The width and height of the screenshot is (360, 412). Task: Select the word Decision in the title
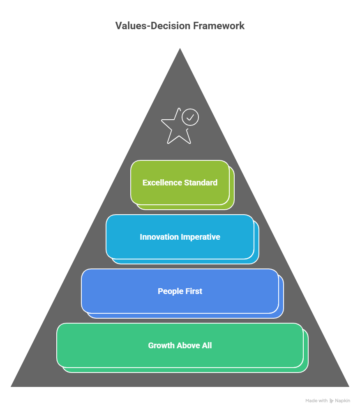click(169, 26)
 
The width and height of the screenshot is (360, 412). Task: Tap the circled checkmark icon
click(190, 117)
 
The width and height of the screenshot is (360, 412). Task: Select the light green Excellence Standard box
click(180, 193)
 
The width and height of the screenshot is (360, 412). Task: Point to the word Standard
click(201, 183)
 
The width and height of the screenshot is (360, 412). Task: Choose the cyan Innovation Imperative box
click(180, 248)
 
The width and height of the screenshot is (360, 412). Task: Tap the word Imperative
click(201, 237)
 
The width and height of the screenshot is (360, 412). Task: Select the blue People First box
click(180, 303)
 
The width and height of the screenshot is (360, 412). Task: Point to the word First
click(193, 291)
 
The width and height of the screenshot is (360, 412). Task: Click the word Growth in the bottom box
click(161, 345)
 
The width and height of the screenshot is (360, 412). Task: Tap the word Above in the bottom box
click(188, 345)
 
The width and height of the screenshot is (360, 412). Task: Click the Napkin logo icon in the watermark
click(332, 400)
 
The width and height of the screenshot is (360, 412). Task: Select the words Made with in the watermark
click(316, 400)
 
